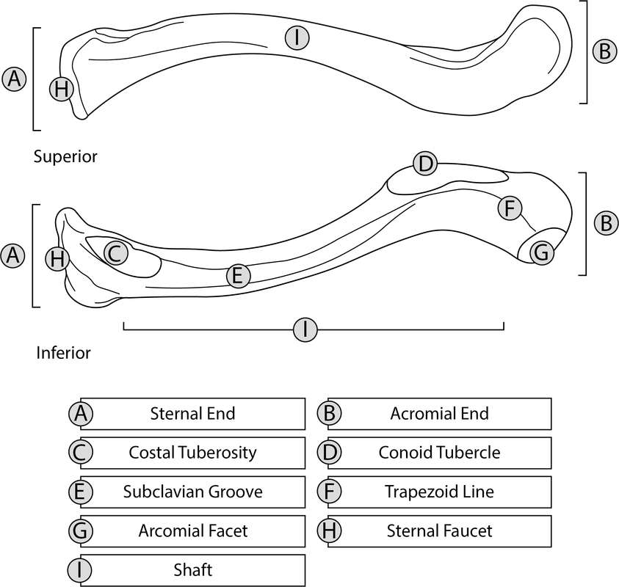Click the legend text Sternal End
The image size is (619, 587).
tap(192, 413)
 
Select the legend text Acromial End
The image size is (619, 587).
tap(439, 413)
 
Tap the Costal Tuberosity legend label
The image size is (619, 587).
tap(192, 452)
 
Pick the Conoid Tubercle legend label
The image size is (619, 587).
tap(439, 452)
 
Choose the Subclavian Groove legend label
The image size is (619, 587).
tap(192, 491)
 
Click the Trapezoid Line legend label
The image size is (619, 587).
tap(439, 491)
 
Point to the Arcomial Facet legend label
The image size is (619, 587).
tap(192, 530)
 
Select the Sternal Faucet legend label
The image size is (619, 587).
tap(439, 530)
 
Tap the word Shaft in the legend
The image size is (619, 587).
tap(192, 569)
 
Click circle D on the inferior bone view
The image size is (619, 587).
tap(425, 164)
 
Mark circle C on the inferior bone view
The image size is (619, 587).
tap(115, 254)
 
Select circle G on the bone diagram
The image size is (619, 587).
tap(540, 253)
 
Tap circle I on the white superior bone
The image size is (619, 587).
tap(296, 39)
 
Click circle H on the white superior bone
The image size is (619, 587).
tap(62, 90)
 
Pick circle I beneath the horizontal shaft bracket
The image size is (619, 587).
tap(305, 329)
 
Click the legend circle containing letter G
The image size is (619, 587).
tap(82, 530)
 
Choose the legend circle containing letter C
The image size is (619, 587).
tap(82, 452)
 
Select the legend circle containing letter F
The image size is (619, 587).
tap(329, 491)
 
